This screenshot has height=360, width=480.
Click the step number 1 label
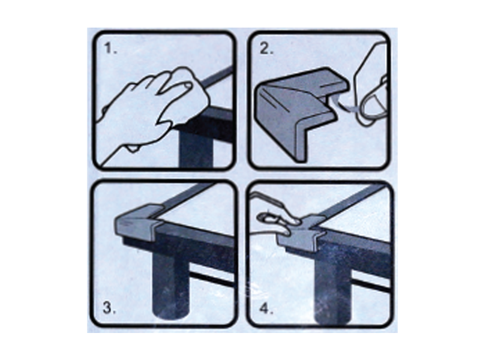tap(110, 49)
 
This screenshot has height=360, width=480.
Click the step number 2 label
tap(266, 49)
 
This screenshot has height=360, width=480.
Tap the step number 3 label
tap(110, 308)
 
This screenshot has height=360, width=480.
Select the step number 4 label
tap(266, 308)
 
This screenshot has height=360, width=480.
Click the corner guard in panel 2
tap(302, 110)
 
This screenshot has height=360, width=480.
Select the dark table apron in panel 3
tap(196, 245)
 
